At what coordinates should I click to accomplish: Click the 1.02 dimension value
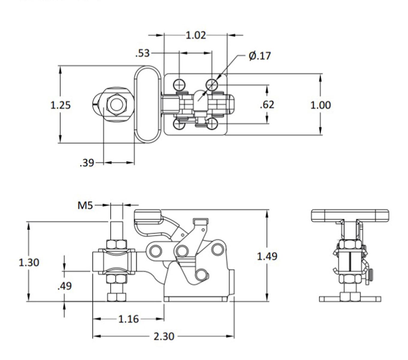pyautogui.click(x=196, y=35)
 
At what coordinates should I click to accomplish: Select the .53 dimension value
pyautogui.click(x=142, y=53)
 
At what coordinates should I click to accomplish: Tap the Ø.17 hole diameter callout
pyautogui.click(x=260, y=56)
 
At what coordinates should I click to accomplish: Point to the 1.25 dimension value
pyautogui.click(x=60, y=105)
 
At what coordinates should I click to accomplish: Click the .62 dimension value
pyautogui.click(x=267, y=105)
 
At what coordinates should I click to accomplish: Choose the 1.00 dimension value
pyautogui.click(x=320, y=105)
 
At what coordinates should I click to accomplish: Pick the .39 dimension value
pyautogui.click(x=87, y=163)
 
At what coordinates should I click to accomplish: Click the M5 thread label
pyautogui.click(x=85, y=205)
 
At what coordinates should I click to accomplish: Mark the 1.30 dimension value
pyautogui.click(x=29, y=262)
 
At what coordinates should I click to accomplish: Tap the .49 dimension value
pyautogui.click(x=65, y=286)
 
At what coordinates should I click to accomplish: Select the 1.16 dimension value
pyautogui.click(x=128, y=319)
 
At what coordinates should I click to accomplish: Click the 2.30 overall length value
pyautogui.click(x=164, y=336)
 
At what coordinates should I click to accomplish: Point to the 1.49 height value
pyautogui.click(x=267, y=256)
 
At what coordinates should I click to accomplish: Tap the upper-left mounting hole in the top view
pyautogui.click(x=179, y=85)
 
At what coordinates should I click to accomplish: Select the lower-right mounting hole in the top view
pyautogui.click(x=212, y=124)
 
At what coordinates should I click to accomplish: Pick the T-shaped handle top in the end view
pyautogui.click(x=350, y=215)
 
